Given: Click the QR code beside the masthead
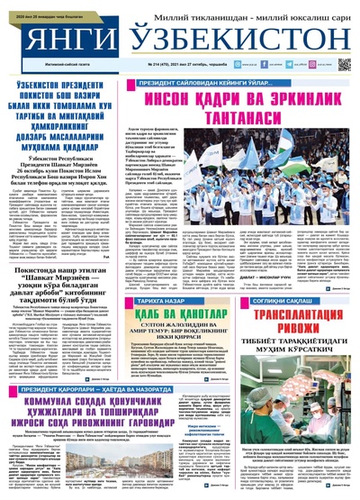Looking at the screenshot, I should pos(344,65).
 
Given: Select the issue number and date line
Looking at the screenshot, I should pos(185,66).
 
